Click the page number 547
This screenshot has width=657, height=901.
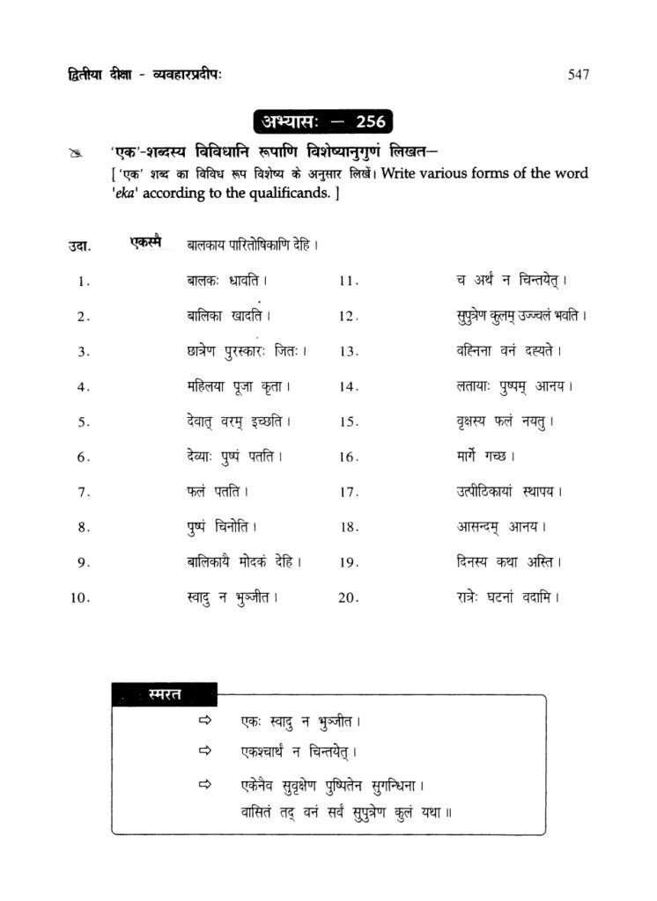coord(579,75)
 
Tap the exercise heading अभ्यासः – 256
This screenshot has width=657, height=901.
coord(323,121)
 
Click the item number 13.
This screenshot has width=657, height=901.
coord(351,352)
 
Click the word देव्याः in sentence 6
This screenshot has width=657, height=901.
coord(195,457)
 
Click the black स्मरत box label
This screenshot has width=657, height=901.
coord(165,694)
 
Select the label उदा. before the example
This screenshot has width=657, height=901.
coord(79,246)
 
